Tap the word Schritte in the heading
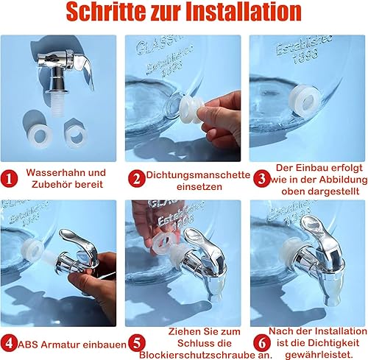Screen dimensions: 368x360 105,12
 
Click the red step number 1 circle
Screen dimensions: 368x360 9,179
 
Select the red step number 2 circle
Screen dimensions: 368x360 136,179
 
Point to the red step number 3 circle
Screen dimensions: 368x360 262,179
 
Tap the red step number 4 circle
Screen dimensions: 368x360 9,343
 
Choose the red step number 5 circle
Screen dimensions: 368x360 137,343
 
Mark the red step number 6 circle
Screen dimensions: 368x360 262,343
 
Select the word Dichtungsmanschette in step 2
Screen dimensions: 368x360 198,175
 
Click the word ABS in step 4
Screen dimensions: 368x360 26,345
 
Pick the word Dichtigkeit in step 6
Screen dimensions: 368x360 332,343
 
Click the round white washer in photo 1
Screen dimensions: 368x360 40,135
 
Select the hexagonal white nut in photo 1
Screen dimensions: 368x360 77,134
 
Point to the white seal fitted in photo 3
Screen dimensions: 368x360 305,101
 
